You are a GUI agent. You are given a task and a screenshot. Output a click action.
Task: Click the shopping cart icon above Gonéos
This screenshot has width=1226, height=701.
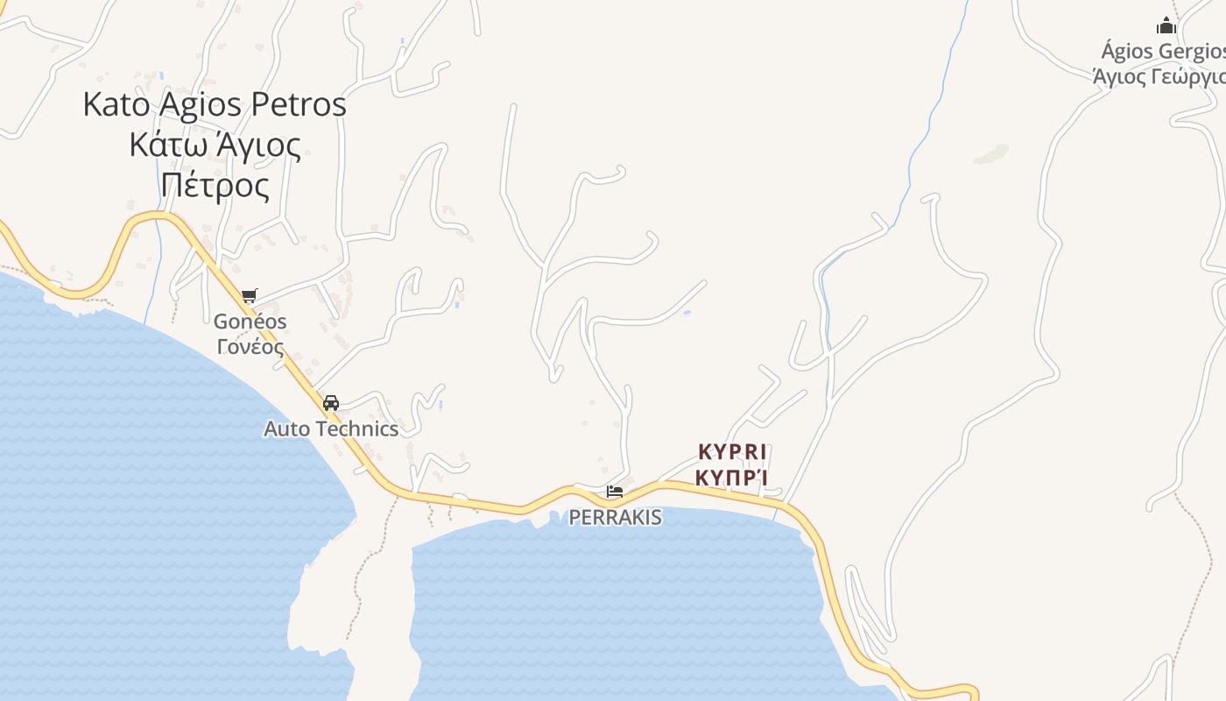250,296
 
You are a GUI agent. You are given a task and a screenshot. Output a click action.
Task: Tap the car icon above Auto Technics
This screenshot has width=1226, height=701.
331,403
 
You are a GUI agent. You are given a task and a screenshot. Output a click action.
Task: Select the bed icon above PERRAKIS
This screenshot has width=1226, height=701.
615,492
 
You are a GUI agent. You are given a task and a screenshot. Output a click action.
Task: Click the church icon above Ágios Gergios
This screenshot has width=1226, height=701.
1166,25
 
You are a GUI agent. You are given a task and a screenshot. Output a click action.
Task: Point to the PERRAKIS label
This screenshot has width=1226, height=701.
615,518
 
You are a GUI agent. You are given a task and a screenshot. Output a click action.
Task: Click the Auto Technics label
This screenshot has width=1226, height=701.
331,429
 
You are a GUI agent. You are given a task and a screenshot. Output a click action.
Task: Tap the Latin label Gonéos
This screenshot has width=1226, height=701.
250,322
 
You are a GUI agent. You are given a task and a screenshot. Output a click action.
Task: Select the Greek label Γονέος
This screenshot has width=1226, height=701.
250,346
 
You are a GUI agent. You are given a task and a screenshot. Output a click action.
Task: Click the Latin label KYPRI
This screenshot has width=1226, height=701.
732,453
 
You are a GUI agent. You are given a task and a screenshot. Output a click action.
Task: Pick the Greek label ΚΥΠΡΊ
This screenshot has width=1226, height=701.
732,478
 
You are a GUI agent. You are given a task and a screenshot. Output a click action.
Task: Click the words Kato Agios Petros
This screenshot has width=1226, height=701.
215,105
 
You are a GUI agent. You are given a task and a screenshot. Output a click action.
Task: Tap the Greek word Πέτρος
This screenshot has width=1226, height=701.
215,186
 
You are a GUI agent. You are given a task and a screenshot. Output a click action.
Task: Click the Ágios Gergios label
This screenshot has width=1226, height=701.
1163,52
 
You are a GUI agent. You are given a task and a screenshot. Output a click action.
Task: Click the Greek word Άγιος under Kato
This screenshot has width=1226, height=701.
255,145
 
